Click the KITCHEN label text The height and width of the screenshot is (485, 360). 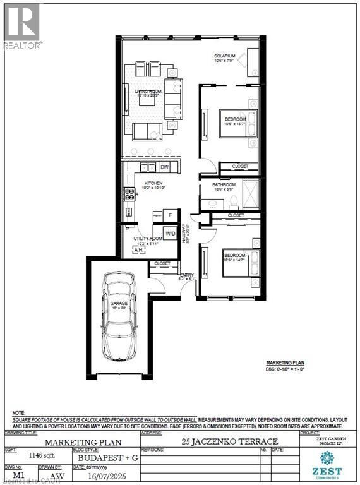pyautogui.click(x=153, y=183)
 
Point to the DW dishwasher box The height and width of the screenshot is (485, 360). pyautogui.click(x=165, y=167)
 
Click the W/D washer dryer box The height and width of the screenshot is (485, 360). pyautogui.click(x=171, y=234)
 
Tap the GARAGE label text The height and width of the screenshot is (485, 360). pyautogui.click(x=119, y=304)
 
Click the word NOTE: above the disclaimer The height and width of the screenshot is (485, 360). pyautogui.click(x=20, y=411)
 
